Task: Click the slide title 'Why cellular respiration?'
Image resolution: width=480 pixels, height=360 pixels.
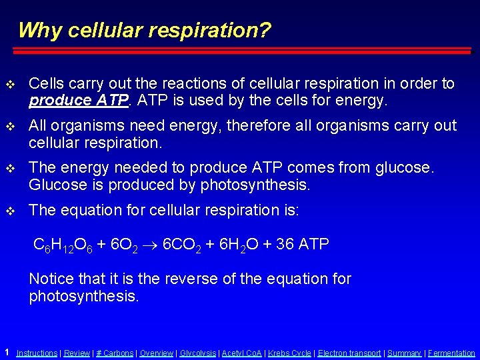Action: (144, 30)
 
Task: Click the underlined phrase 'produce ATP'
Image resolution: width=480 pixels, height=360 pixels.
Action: (65, 101)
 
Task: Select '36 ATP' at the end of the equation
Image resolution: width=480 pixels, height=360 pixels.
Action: (303, 245)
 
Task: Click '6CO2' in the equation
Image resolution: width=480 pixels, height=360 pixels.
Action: (183, 245)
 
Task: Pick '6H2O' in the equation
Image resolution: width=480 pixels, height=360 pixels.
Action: (238, 245)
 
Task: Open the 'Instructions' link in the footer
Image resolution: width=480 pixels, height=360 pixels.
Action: (37, 353)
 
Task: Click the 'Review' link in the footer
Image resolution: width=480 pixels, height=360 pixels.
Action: (77, 353)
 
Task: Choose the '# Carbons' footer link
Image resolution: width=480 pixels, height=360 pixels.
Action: (115, 353)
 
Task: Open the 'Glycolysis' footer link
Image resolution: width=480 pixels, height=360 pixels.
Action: (198, 353)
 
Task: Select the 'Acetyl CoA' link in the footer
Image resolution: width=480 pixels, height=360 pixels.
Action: (241, 353)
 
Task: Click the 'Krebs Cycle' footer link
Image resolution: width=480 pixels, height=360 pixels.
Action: (289, 353)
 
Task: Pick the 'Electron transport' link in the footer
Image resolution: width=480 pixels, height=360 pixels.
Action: (349, 353)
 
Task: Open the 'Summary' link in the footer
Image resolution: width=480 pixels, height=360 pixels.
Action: (404, 353)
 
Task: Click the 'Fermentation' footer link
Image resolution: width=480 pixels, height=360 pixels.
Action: (451, 353)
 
